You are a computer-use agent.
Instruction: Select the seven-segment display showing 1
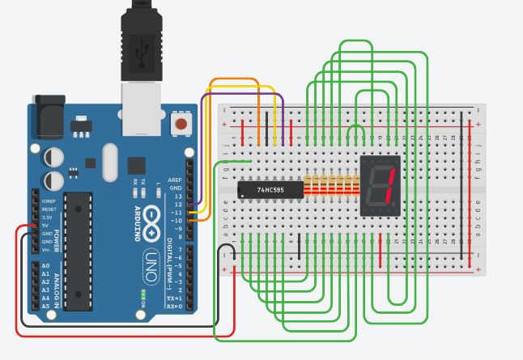(381, 185)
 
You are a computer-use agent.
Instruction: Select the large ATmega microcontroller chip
(79, 251)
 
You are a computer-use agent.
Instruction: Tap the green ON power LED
(142, 293)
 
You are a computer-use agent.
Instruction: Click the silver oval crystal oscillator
(110, 163)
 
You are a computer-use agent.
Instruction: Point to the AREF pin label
(175, 180)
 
